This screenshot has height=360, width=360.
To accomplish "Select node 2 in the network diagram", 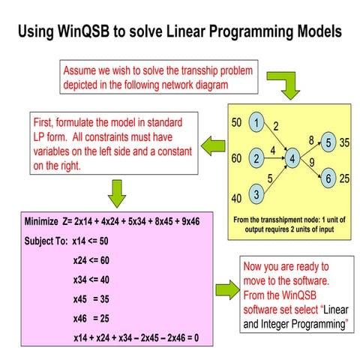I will [x=256, y=159].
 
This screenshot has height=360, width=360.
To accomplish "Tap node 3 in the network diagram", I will [x=256, y=196].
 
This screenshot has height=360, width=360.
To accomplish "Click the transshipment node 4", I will [x=292, y=159].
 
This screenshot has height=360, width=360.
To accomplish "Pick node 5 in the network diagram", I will [x=327, y=142].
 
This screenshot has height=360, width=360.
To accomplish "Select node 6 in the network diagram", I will [x=327, y=178].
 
